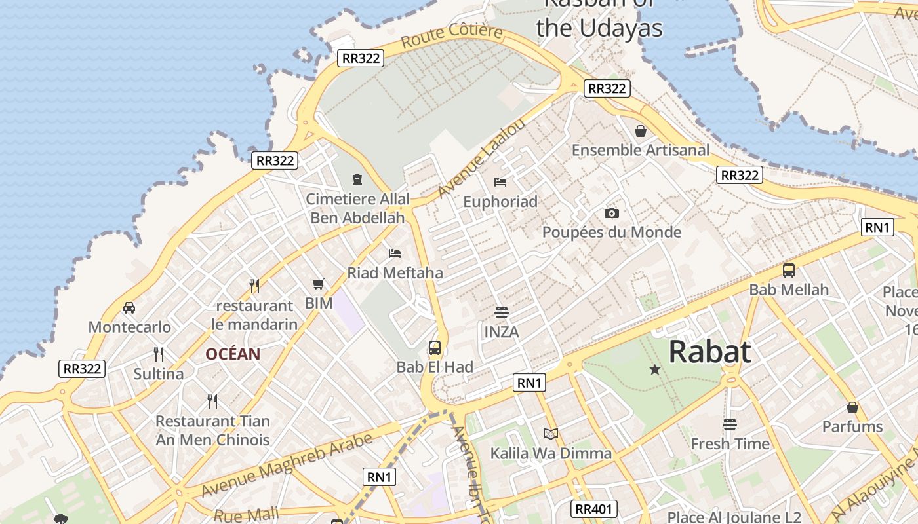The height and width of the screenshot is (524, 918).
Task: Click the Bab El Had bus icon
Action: point(434,347)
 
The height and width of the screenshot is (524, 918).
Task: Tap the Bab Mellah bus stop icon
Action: point(789,270)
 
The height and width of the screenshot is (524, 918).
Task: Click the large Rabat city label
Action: point(710,352)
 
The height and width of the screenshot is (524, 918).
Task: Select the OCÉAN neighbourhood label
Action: point(233,354)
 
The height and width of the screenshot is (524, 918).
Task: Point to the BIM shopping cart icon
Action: point(319,284)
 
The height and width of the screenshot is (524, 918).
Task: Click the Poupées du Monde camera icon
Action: point(611,213)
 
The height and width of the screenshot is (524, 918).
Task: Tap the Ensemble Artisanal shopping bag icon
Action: point(641,131)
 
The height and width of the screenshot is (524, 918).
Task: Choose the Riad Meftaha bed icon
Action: point(395,253)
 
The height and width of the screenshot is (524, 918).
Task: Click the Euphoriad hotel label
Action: point(500,202)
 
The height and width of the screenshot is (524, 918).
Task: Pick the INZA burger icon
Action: point(502,312)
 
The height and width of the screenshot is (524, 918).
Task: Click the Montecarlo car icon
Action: point(129,307)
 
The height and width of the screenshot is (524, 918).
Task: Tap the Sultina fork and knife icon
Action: point(159,354)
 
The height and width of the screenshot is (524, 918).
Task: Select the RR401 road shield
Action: point(593,509)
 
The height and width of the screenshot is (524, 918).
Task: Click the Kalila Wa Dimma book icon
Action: point(551,434)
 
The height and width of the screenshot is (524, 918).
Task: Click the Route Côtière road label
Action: point(452,35)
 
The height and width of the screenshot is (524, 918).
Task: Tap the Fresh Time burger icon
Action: point(730,424)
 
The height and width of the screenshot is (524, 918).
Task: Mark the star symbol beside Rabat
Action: point(654,370)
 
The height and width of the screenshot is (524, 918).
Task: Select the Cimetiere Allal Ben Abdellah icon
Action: point(357,179)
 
